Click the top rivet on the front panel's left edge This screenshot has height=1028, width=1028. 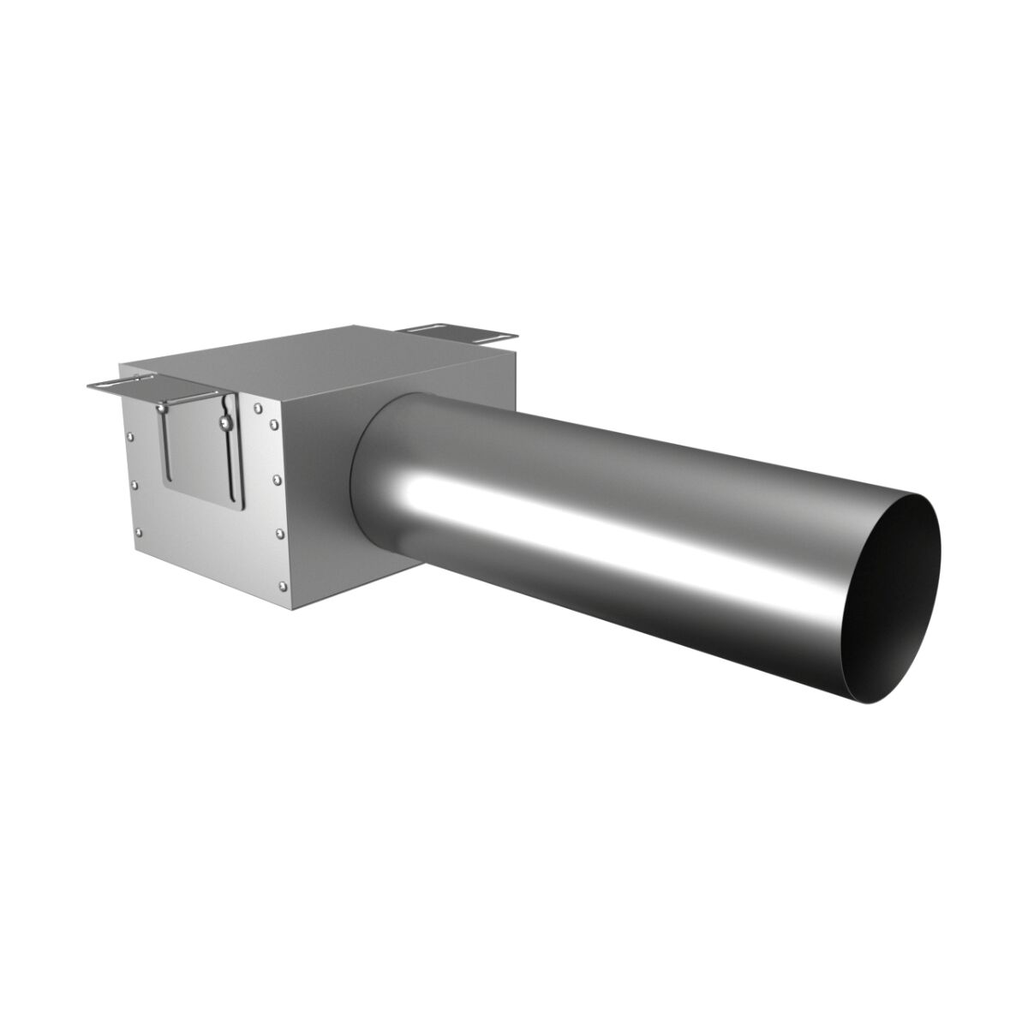click(131, 436)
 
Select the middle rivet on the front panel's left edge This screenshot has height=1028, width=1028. click(134, 484)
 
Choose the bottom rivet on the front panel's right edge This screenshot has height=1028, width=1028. click(283, 585)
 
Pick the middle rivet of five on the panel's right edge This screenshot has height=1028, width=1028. click(277, 480)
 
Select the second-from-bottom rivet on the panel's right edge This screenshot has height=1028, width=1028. click(280, 533)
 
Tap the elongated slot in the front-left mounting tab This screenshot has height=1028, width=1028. click(120, 381)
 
